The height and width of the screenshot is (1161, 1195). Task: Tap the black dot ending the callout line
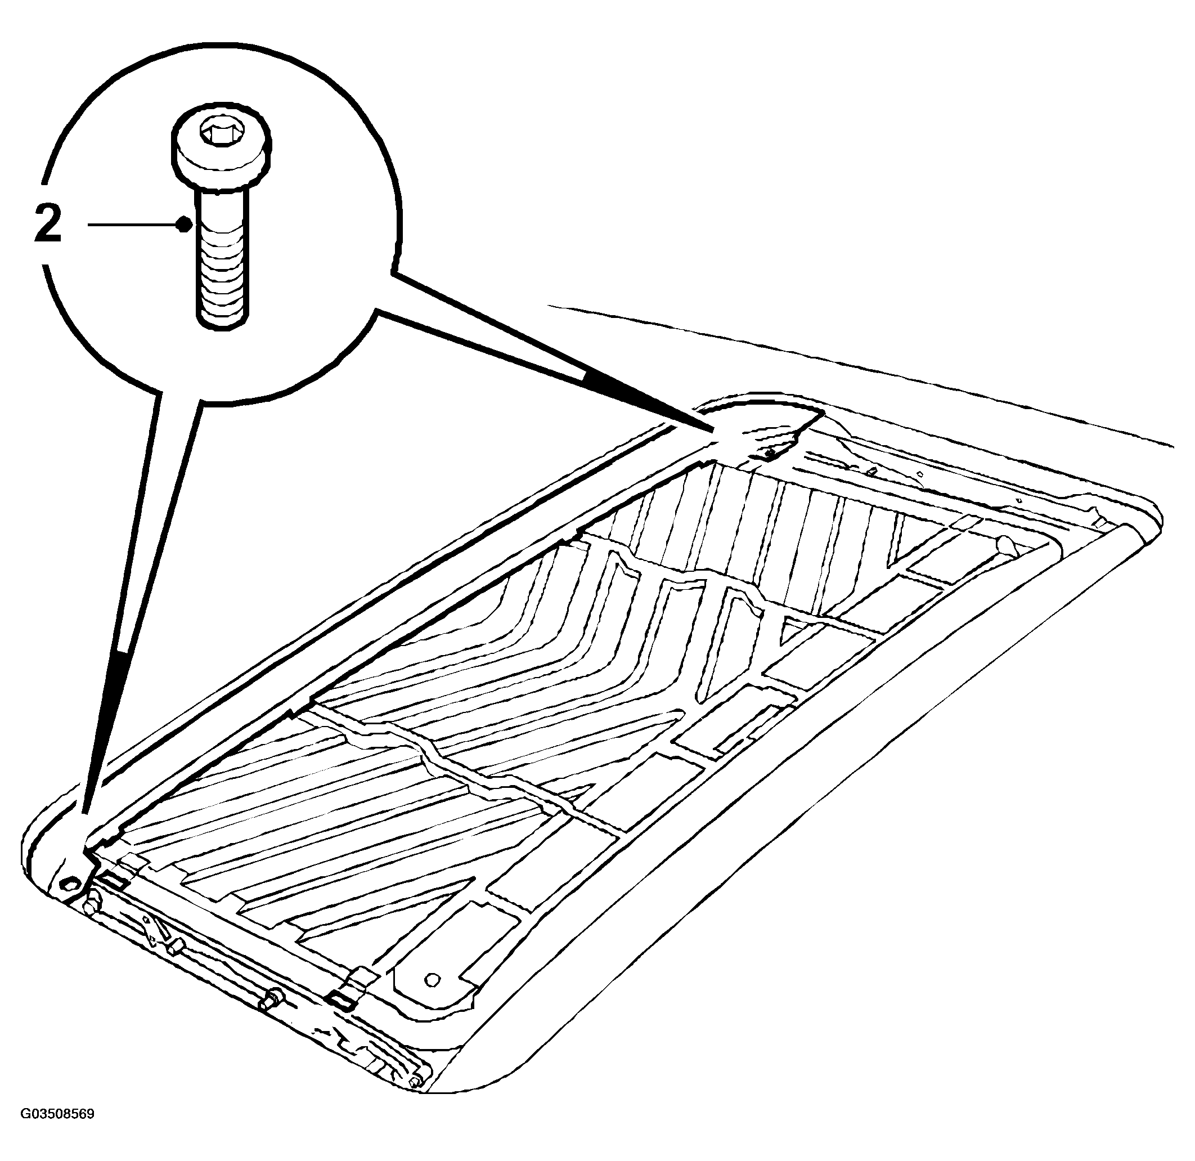[182, 225]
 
